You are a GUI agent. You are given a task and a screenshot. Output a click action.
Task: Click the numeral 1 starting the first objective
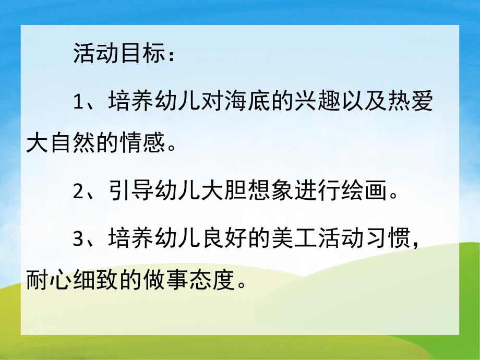(x=78, y=102)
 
